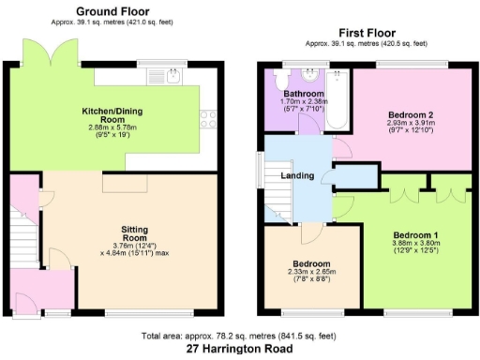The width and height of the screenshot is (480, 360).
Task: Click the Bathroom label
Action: click(305, 95)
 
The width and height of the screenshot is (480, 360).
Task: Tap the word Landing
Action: click(296, 175)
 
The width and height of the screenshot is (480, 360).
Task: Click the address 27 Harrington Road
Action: click(239, 349)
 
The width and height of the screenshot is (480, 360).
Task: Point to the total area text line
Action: click(239, 336)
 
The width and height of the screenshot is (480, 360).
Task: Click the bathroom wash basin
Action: click(309, 74)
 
